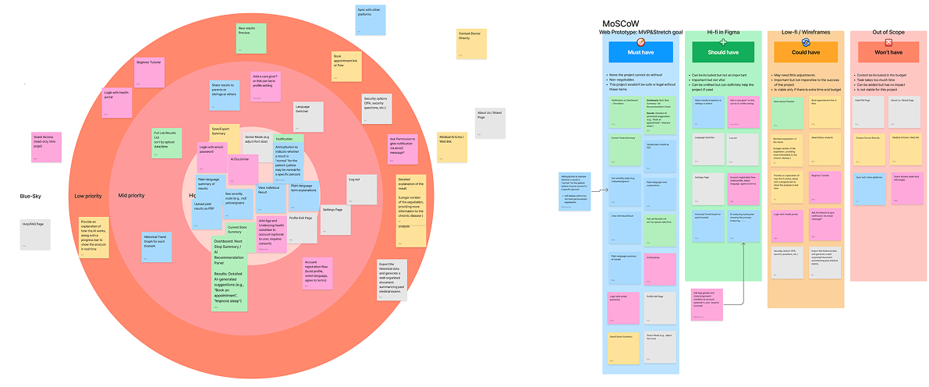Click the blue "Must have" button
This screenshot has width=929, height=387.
pos(640,52)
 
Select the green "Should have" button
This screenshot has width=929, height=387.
pos(723,52)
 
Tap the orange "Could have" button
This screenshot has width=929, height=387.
pos(805,52)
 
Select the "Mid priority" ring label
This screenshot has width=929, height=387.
pos(132,196)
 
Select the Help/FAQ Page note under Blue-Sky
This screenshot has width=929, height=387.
pos(35,235)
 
